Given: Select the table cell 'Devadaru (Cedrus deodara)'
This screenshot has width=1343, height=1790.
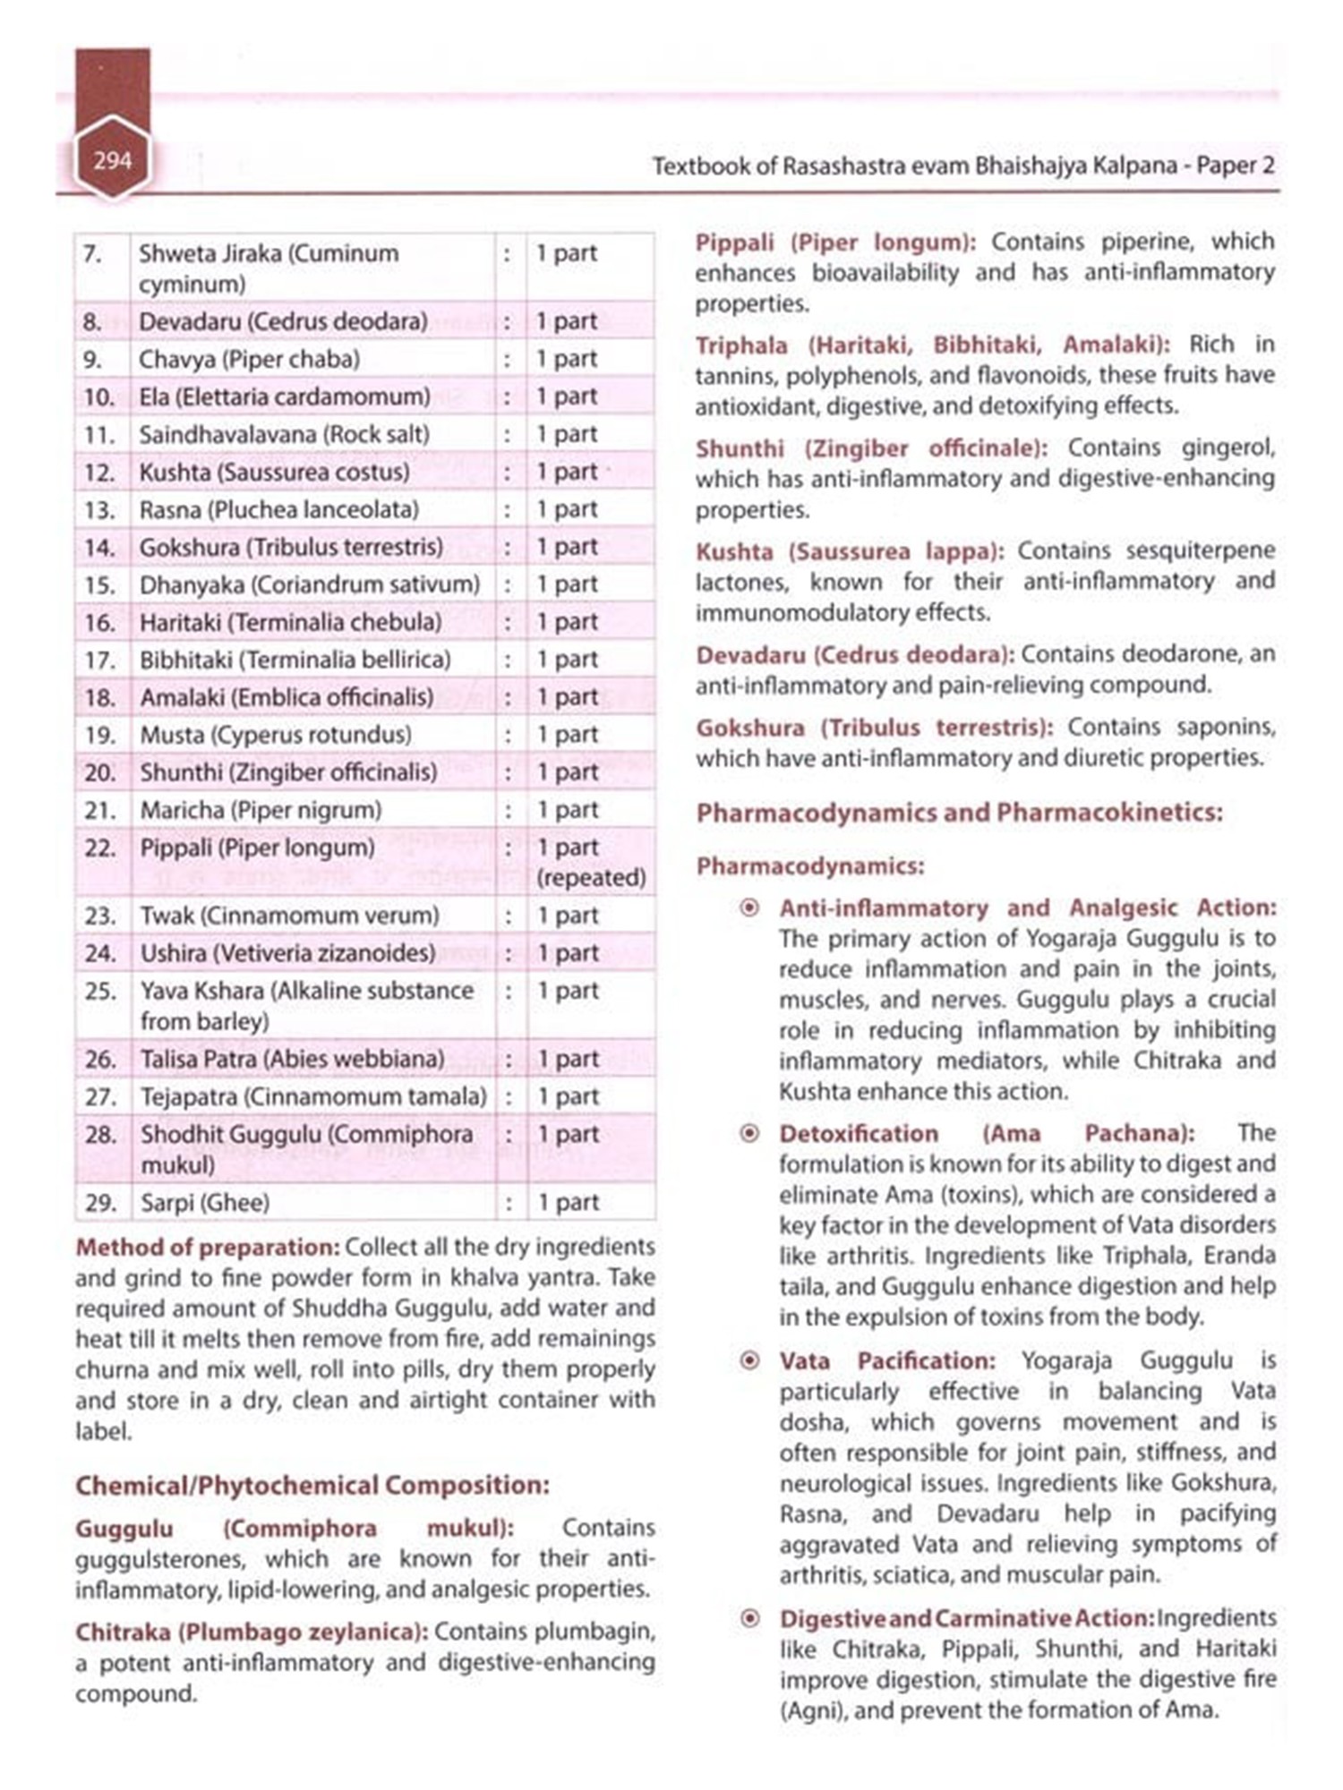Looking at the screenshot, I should coord(283,321).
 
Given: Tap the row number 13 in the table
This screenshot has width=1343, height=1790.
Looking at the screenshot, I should coord(99,510).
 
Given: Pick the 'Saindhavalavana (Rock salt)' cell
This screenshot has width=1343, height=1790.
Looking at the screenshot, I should coord(284,434).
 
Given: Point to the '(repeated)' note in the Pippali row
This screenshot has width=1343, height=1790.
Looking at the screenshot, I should coord(591,878).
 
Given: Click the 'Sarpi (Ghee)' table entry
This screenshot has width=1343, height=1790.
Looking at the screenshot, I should coord(205,1203).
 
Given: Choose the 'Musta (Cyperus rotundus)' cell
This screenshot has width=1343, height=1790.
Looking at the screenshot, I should coord(276,735).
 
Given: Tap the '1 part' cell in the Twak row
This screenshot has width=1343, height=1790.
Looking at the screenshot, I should coord(568,916).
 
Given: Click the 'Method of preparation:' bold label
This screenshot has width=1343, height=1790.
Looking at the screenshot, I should coord(207,1247).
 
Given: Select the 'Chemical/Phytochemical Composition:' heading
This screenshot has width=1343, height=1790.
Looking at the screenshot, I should coord(312,1486).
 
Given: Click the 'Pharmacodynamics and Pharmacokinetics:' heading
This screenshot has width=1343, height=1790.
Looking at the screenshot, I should coord(959,813).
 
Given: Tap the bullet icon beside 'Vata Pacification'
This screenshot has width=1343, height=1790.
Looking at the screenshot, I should coord(750,1361).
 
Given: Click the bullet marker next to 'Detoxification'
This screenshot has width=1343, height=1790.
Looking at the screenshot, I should coord(750,1134).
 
